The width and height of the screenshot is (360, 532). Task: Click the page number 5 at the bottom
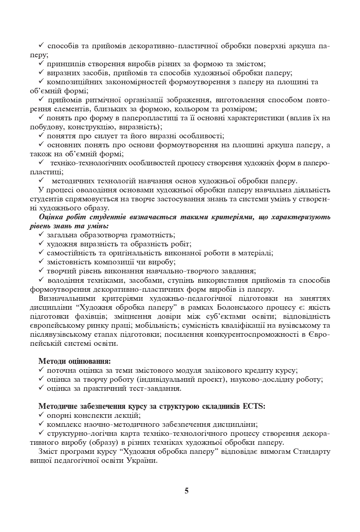(x=186, y=491)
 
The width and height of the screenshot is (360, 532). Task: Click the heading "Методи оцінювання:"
(x=75, y=361)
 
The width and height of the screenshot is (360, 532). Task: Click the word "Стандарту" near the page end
(x=313, y=451)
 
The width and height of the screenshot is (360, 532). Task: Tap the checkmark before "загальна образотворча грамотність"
(x=41, y=234)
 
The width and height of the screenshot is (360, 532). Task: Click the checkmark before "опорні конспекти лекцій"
(x=41, y=415)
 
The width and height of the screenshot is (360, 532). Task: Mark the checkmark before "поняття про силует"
(x=41, y=135)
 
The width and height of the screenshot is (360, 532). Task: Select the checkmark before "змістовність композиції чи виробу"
(x=41, y=261)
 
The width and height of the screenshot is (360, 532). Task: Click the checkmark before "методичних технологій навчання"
(x=41, y=180)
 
